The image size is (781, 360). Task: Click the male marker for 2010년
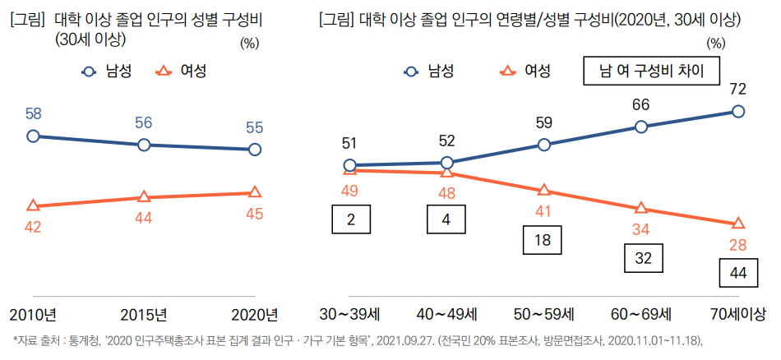(33, 136)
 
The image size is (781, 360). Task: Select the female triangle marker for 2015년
(144, 197)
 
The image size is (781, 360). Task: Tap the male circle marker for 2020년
(255, 150)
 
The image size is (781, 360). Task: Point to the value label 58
(33, 114)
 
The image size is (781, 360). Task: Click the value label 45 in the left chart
(255, 214)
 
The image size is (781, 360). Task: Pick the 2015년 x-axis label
(144, 315)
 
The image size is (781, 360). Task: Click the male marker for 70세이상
(738, 112)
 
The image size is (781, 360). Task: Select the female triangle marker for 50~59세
(543, 191)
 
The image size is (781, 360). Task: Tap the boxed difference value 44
(737, 273)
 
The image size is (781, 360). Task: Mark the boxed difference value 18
(543, 240)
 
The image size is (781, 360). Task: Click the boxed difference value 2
(349, 219)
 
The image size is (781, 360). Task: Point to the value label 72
(737, 89)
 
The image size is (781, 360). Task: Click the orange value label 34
(640, 228)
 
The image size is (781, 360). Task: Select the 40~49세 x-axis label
(446, 315)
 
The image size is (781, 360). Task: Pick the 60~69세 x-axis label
(641, 315)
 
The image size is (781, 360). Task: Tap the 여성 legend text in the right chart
(538, 71)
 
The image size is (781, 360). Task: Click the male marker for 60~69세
(641, 127)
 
